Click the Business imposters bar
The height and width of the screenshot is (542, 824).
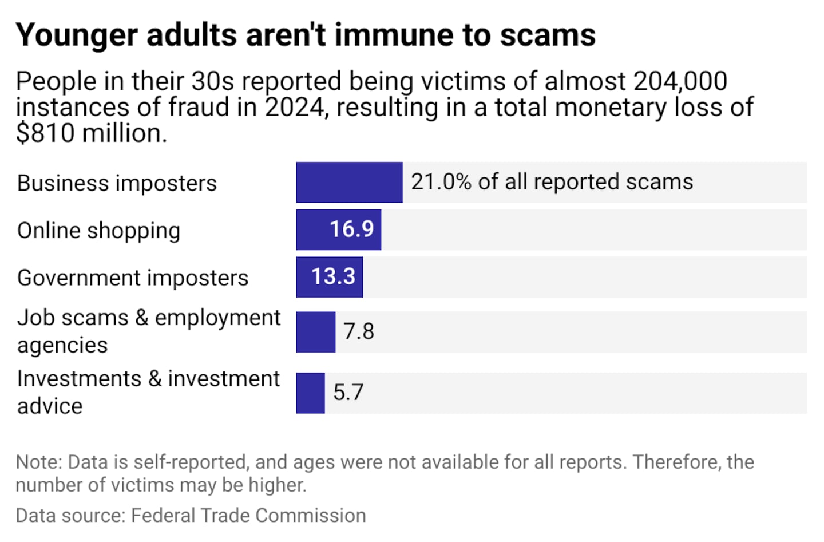pos(349,182)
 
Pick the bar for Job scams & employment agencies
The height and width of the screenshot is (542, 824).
pos(315,332)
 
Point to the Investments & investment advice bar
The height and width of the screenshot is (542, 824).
pos(310,393)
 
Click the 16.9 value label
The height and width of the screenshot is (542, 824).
pos(351,230)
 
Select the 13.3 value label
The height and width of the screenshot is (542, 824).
pos(333,277)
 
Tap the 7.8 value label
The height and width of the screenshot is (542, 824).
pos(359,332)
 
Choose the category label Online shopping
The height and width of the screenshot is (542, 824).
pos(98,231)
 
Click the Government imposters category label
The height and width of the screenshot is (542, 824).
pos(133,278)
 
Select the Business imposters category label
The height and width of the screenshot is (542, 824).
pos(117,184)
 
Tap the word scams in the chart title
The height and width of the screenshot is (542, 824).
pos(548,35)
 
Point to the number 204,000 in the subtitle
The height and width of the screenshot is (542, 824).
pos(680,82)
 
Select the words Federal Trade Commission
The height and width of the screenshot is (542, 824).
pos(248,516)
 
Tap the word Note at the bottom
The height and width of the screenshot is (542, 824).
pos(38,462)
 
